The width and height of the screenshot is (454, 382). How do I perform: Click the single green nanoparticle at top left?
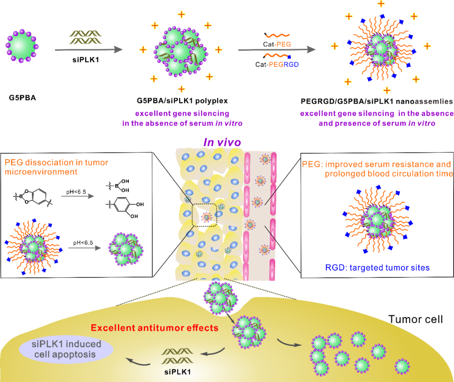pyautogui.click(x=22, y=46)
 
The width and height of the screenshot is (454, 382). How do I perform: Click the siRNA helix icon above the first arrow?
pyautogui.click(x=85, y=37)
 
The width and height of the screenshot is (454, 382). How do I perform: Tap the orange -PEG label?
pyautogui.click(x=282, y=44)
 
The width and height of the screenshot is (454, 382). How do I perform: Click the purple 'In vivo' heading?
pyautogui.click(x=222, y=142)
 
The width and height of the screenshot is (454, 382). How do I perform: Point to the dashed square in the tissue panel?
pyautogui.click(x=205, y=215)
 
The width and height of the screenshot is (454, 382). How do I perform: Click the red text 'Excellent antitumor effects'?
pyautogui.click(x=155, y=327)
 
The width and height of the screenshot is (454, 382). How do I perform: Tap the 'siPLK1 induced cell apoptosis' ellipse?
pyautogui.click(x=66, y=349)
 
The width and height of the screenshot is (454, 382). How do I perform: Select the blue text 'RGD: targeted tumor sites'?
pyautogui.click(x=377, y=267)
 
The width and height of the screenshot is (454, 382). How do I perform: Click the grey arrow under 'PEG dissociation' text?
pyautogui.click(x=78, y=196)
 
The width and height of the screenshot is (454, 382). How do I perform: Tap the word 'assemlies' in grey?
pyautogui.click(x=434, y=102)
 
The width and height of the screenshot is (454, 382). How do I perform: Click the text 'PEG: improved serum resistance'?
pyautogui.click(x=376, y=164)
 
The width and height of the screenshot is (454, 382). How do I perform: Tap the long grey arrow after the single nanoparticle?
pyautogui.click(x=89, y=50)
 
